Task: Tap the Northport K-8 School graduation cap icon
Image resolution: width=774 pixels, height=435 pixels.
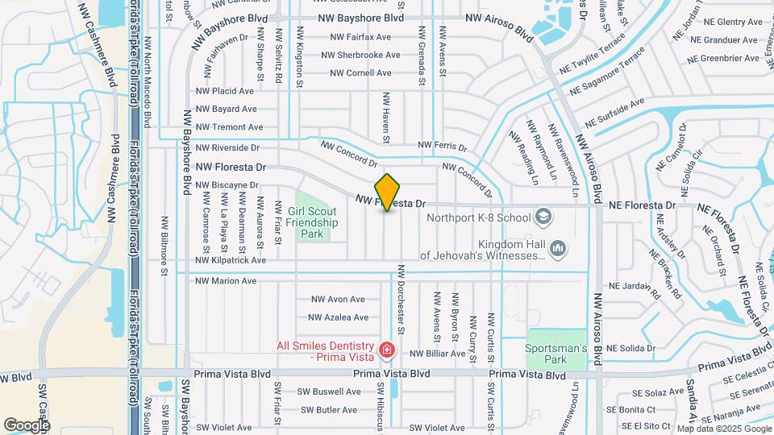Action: pos(544,217)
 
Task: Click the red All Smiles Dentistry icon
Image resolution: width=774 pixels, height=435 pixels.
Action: pos(388,350)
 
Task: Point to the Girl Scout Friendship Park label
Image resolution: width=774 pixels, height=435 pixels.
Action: pos(306,223)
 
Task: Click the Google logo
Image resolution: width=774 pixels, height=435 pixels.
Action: pos(27,425)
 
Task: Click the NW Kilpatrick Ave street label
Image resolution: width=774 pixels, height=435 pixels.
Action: pos(231,260)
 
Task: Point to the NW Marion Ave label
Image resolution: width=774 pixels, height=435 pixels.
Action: pos(226,281)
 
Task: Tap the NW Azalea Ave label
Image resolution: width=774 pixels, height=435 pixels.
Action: pos(339,317)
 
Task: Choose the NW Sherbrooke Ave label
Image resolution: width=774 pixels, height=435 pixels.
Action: pos(360,56)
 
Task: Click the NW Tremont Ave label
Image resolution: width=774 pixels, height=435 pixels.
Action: pos(229,126)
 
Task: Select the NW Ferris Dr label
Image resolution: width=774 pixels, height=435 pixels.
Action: pos(442,146)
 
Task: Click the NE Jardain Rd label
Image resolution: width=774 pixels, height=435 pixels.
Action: pos(635,285)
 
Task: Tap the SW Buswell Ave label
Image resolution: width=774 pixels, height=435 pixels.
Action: pos(331,391)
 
